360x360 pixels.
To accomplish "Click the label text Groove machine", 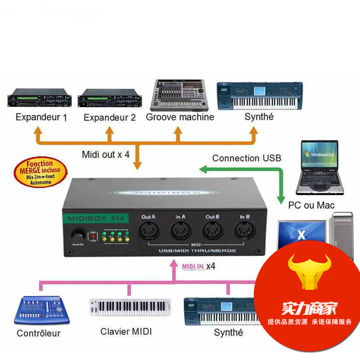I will pyautogui.click(x=180, y=117).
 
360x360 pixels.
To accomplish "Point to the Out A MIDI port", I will pyautogui.click(x=148, y=232).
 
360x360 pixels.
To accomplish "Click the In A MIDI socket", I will pyautogui.click(x=181, y=232).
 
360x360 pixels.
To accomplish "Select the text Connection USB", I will pyautogui.click(x=247, y=158).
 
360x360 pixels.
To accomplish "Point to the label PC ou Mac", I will pyautogui.click(x=311, y=205).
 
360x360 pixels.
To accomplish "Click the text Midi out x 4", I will pyautogui.click(x=106, y=154).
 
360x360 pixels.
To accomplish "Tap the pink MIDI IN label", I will pyautogui.click(x=193, y=266).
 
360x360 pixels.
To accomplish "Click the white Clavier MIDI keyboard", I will pyautogui.click(x=131, y=308).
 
